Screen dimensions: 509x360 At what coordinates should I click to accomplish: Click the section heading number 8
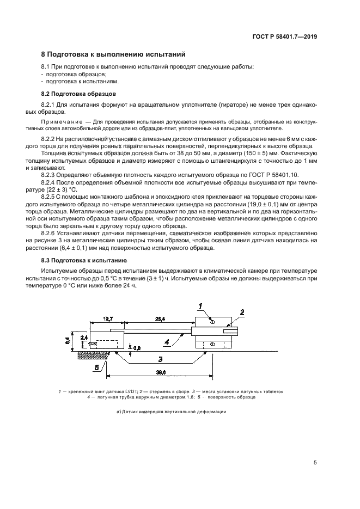pyautogui.click(x=44, y=54)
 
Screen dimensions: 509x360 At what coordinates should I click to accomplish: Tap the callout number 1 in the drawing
pyautogui.click(x=200, y=306)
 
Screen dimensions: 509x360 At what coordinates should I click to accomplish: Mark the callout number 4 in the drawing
pyautogui.click(x=168, y=342)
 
